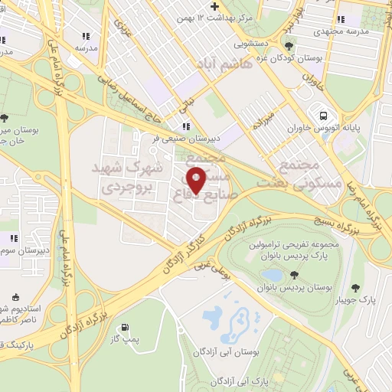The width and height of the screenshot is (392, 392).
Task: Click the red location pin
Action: pyautogui.click(x=197, y=181)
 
